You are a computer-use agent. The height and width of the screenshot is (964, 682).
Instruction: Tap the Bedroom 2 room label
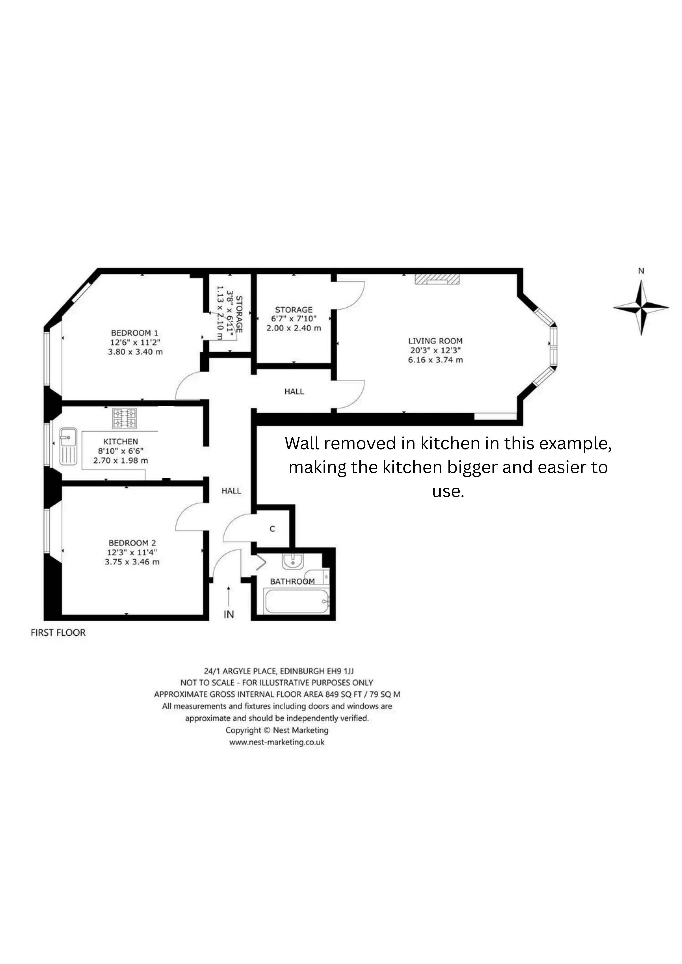tap(132, 543)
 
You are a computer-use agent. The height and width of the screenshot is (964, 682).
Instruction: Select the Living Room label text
tap(436, 341)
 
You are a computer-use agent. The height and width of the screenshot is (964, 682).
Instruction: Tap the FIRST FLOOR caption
tap(58, 633)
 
